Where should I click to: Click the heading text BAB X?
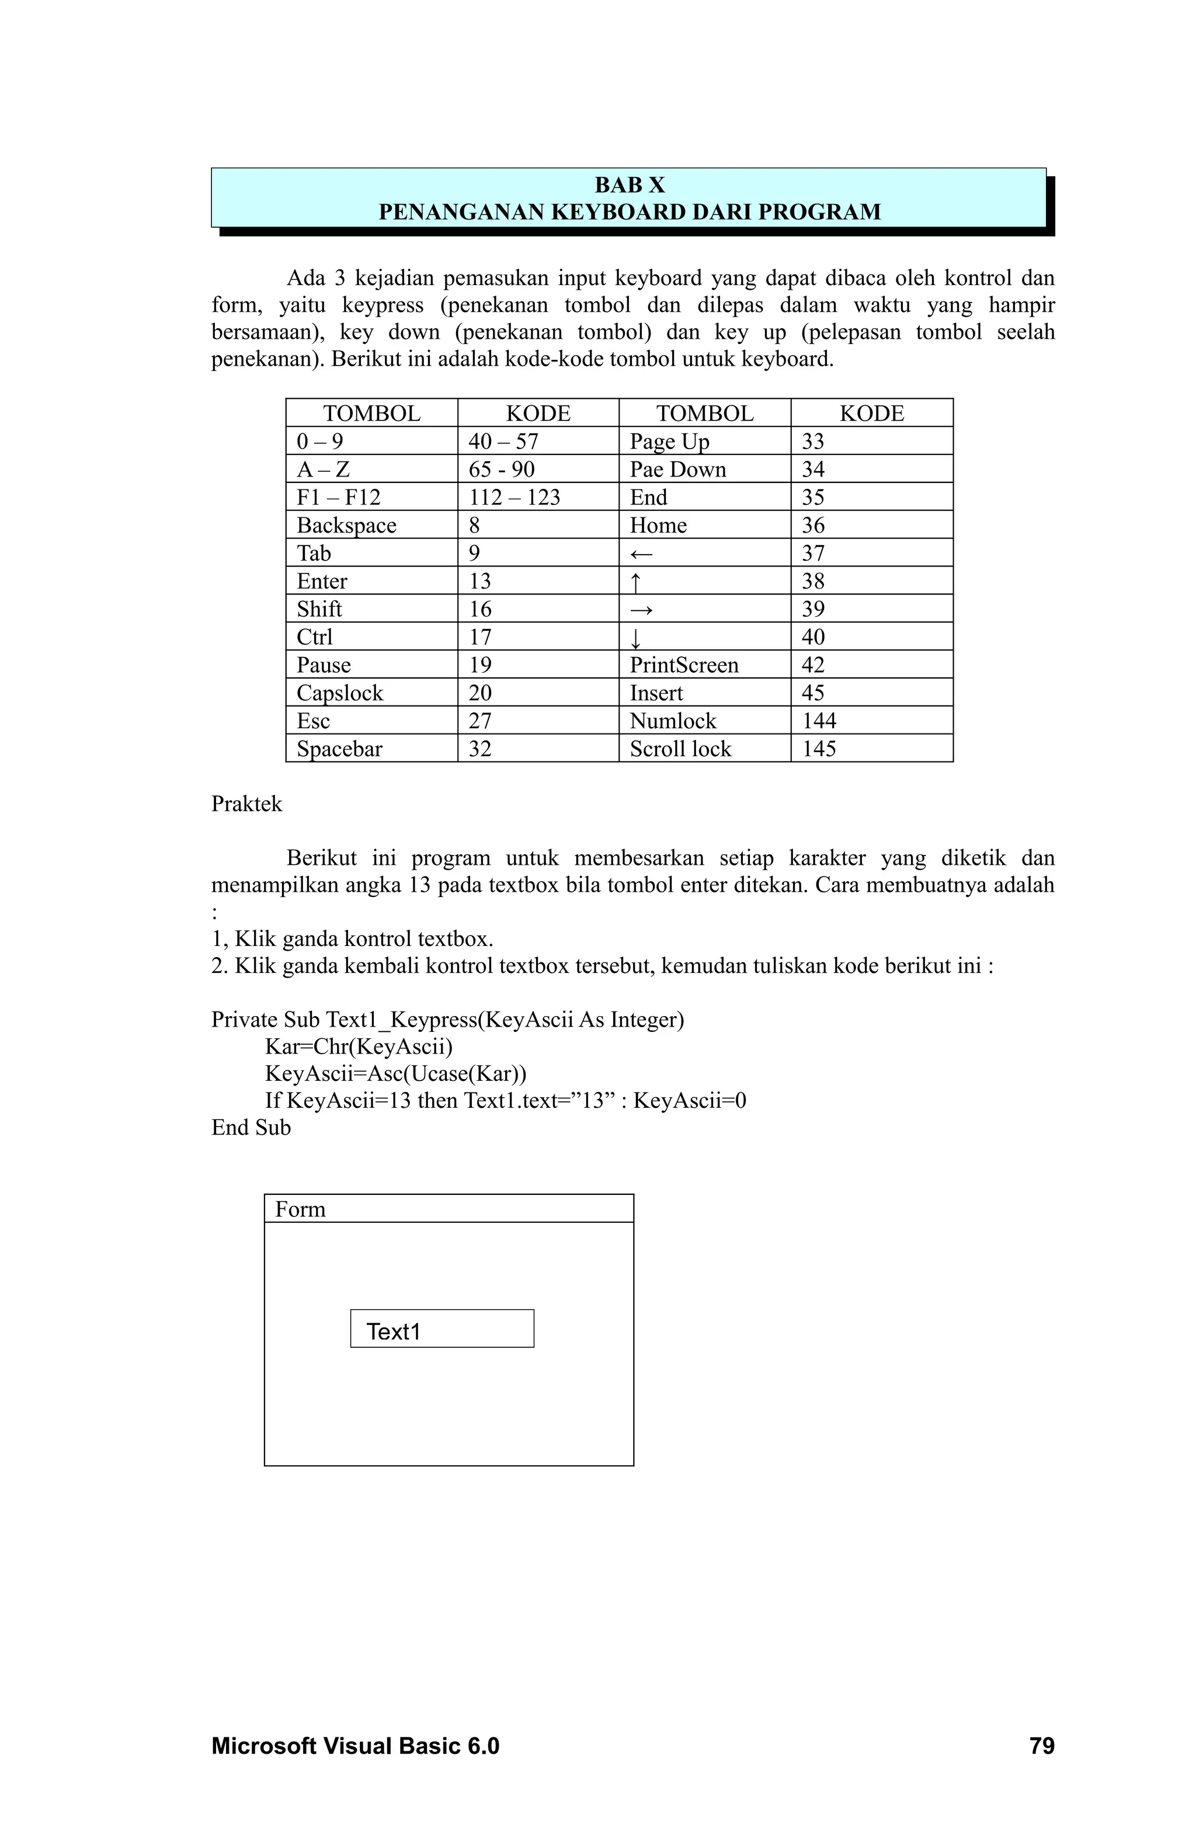coord(629,185)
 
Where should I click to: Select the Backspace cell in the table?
coord(347,525)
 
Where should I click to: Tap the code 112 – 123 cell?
coord(514,497)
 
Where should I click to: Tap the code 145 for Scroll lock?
coord(819,749)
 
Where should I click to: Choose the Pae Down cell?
coord(677,470)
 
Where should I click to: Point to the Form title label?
coord(301,1209)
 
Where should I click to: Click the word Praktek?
coord(246,804)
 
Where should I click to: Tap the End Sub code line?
coord(251,1128)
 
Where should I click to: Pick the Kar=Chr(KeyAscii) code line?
coord(358,1046)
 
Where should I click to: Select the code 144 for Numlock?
coord(819,721)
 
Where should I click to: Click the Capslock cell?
coord(340,693)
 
